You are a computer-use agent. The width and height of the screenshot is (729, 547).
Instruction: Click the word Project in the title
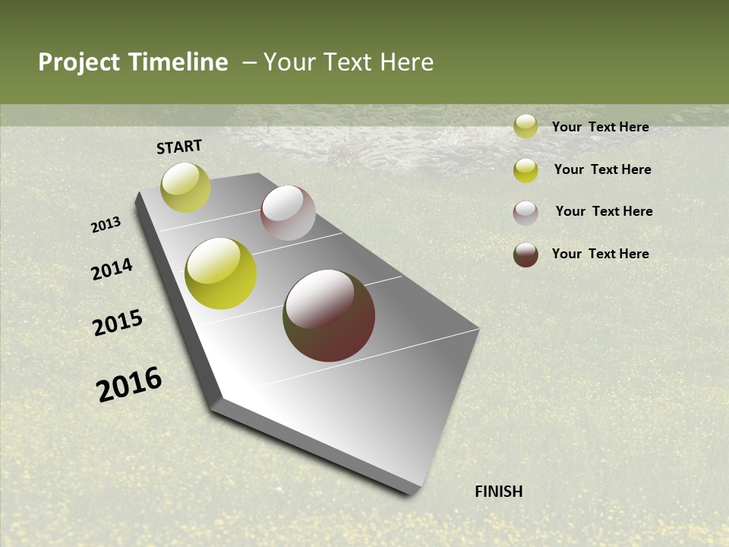(x=78, y=62)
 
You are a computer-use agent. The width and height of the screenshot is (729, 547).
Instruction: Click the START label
(x=179, y=147)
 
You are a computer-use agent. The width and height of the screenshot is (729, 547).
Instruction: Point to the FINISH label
(x=499, y=492)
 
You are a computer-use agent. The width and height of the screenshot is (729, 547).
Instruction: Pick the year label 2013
(x=106, y=225)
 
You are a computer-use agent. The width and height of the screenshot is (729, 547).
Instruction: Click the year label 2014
(x=112, y=270)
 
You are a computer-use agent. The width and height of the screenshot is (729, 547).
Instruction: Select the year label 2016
(x=129, y=384)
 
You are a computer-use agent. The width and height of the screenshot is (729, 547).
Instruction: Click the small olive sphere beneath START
(x=185, y=188)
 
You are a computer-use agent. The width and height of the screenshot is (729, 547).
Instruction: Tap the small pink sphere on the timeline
(x=288, y=213)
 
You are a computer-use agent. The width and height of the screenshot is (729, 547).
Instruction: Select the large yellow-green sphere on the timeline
(x=221, y=273)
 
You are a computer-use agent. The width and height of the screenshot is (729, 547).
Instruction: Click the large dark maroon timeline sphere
(x=329, y=315)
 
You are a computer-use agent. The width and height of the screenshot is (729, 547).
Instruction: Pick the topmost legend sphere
(x=525, y=126)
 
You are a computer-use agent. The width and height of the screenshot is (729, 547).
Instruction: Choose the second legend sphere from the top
(x=525, y=170)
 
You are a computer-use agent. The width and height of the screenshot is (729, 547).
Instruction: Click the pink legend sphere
(x=525, y=213)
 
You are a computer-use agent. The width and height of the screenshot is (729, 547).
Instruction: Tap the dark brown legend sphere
(x=525, y=255)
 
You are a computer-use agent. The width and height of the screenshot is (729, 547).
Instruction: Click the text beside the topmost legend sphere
(x=600, y=127)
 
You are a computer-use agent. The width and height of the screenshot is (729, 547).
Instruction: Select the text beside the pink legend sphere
(x=604, y=211)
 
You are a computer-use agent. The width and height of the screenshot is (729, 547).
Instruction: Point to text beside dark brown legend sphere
(x=600, y=254)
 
